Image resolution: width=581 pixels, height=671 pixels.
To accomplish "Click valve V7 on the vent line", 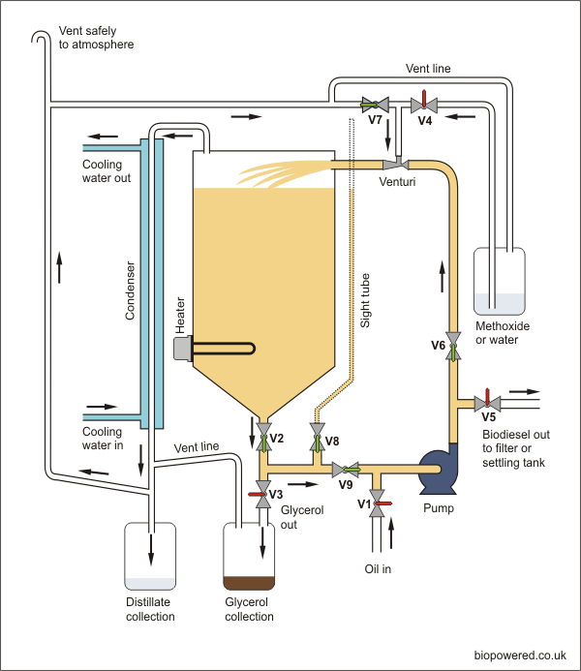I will coord(374,103).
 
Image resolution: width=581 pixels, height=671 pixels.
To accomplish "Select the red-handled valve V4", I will coord(423,103).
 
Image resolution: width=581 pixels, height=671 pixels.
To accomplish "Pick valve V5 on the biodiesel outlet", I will coord(486,402).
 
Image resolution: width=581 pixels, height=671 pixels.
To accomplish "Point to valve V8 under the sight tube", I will coord(316,442).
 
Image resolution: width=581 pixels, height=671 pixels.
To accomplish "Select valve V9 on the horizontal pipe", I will coord(347,470).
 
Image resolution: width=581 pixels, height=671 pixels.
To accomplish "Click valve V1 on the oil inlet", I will coord(379,503).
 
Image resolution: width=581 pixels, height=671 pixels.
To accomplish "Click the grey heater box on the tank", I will coord(181,349).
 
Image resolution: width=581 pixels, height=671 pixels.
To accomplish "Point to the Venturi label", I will coord(398,180).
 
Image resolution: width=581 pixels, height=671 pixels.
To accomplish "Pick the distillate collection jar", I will coord(150,557).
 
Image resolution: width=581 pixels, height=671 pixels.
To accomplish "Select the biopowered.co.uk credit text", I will coord(520,656).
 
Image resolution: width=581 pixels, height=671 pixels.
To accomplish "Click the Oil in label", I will coord(378,568).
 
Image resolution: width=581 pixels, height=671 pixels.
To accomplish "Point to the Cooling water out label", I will coord(106,171).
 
